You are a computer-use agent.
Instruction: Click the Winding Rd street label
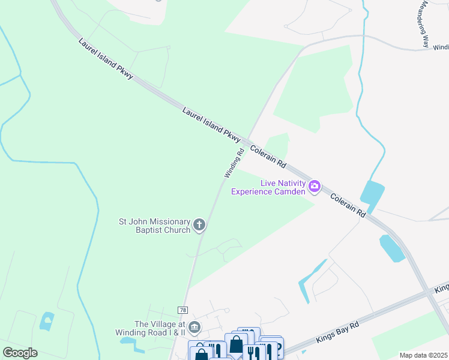pos(235,163)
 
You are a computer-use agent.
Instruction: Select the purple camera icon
pos(314,187)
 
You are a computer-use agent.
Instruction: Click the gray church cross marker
pos(199,226)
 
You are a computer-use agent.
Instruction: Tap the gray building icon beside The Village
pos(194,328)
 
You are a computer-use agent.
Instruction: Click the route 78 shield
pos(182,310)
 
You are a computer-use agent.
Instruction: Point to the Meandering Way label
pos(425,24)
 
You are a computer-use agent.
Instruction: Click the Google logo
pos(20,353)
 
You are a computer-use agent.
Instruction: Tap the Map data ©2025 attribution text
pos(423,355)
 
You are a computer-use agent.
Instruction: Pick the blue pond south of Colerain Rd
pos(392,248)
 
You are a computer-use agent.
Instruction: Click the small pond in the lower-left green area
pos(47,321)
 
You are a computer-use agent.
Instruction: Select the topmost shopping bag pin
pos(236,344)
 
